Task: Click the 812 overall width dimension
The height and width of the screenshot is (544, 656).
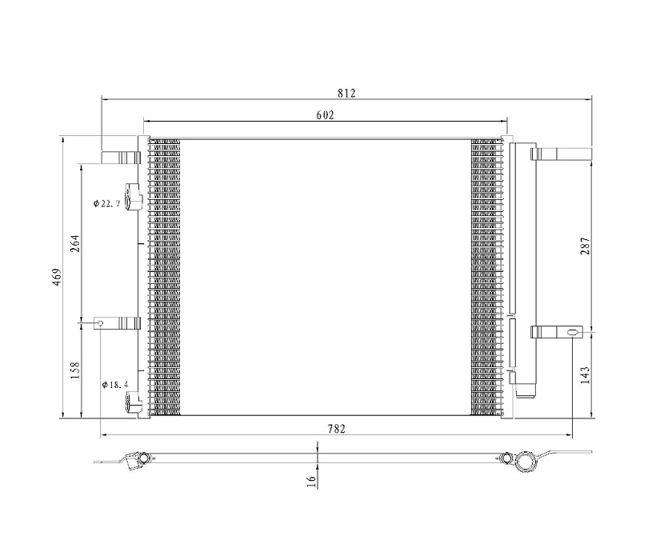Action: pyautogui.click(x=346, y=93)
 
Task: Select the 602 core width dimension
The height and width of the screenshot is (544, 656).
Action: pyautogui.click(x=325, y=114)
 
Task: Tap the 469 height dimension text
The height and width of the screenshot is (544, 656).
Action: pyautogui.click(x=57, y=277)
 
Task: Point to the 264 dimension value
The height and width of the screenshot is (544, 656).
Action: pyautogui.click(x=75, y=243)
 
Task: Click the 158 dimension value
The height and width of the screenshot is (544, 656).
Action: pyautogui.click(x=75, y=370)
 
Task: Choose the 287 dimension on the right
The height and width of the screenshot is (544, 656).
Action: pyautogui.click(x=585, y=246)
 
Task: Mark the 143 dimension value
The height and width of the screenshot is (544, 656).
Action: pyautogui.click(x=585, y=375)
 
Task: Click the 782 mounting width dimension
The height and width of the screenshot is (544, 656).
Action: pyautogui.click(x=336, y=429)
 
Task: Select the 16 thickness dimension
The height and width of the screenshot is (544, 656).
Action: pyautogui.click(x=311, y=482)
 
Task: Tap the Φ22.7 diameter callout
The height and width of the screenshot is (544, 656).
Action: pyautogui.click(x=106, y=204)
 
